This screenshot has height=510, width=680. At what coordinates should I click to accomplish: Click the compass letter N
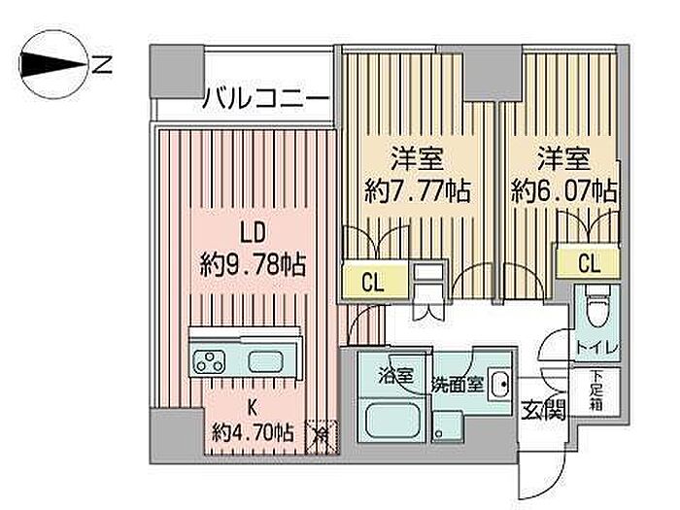point(103,65)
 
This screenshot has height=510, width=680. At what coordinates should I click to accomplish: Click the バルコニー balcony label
point(265,98)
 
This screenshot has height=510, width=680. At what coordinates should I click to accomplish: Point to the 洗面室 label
point(458,383)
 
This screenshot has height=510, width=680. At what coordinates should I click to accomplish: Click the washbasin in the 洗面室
point(499,385)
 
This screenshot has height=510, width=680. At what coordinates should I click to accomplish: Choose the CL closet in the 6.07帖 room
point(589,263)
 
